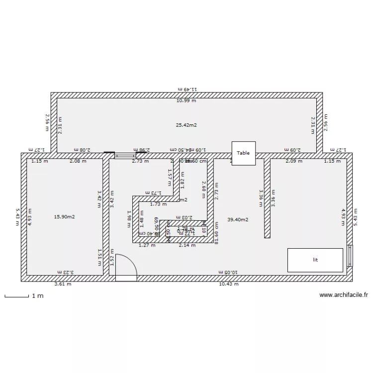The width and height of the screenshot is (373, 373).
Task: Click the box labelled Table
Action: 243,153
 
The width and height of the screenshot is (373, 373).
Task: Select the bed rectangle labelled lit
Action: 315,260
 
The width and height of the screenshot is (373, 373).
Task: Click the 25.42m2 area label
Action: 186,125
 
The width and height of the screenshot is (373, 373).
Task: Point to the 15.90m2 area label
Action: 64,216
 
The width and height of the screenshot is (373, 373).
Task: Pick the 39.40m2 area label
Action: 238,219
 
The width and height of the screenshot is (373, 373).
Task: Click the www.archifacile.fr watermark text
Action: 343,295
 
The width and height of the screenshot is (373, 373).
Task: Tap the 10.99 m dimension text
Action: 186,100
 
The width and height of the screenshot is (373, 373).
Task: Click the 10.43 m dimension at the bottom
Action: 229,284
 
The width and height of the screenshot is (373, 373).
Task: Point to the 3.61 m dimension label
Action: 63,284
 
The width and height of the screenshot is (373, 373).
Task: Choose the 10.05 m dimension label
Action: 229,272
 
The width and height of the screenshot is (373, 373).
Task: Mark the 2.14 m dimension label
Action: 187,245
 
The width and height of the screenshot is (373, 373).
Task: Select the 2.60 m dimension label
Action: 204,189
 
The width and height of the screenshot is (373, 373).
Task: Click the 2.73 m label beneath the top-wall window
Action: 140,161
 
